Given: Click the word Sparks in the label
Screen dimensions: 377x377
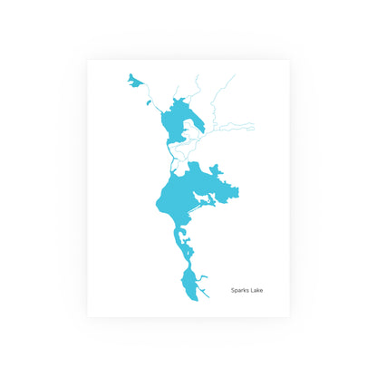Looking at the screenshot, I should [x=238, y=291].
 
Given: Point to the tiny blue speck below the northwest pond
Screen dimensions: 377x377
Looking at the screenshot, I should [x=149, y=102].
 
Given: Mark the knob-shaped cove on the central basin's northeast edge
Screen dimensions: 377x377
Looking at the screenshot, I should [x=217, y=169].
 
